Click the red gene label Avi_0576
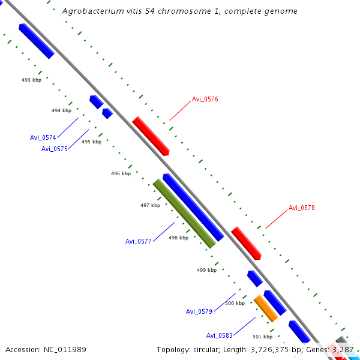point(205,100)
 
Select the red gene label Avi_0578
point(301,208)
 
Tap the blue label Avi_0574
point(43,137)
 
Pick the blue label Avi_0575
point(54,149)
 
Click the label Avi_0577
point(138,241)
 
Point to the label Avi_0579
point(199,311)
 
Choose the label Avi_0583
point(219,335)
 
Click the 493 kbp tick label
point(31,80)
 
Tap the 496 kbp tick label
point(121,173)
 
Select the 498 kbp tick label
point(178,238)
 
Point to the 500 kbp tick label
point(235,303)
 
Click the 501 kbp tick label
point(262,337)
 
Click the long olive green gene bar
point(184,213)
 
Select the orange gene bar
point(265,308)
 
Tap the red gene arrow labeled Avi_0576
point(151,136)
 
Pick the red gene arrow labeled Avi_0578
point(246,243)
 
